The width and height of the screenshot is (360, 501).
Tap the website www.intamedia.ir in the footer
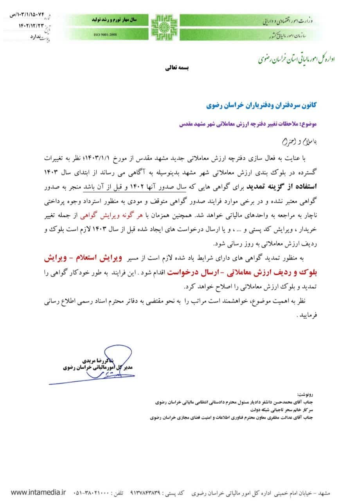(x=38, y=492)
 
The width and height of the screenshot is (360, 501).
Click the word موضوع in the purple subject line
(x=309, y=124)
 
